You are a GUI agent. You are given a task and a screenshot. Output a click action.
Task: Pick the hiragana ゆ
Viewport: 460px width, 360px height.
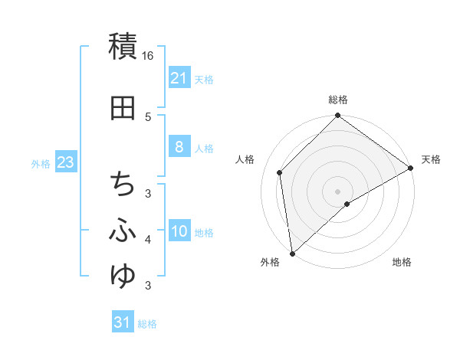[x=123, y=274]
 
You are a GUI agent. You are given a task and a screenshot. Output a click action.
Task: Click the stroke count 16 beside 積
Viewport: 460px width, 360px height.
[x=148, y=56]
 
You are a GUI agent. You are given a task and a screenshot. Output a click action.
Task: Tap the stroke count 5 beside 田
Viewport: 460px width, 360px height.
[x=148, y=116]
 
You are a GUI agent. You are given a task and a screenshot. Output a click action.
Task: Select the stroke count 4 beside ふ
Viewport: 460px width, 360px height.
[x=148, y=241]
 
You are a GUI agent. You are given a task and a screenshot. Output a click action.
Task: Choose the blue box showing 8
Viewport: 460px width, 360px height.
[x=179, y=147]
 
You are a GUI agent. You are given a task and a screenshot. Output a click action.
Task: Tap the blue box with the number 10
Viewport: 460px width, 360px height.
[x=179, y=231]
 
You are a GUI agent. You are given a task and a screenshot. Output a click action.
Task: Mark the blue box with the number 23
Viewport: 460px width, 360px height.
[x=65, y=162]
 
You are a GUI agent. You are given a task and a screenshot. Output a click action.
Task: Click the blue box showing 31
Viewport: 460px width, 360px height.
[x=123, y=322]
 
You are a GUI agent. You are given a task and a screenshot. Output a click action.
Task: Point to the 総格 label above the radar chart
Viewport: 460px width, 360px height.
[x=337, y=100]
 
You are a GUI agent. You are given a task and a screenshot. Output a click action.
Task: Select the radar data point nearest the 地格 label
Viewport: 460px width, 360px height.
[x=347, y=204]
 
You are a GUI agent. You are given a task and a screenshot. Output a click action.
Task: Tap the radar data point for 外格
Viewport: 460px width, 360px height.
[x=292, y=253]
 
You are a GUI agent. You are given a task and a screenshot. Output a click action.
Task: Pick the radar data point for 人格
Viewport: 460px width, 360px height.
[x=280, y=172]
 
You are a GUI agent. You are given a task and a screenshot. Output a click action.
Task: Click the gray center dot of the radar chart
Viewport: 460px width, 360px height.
[x=337, y=191]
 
